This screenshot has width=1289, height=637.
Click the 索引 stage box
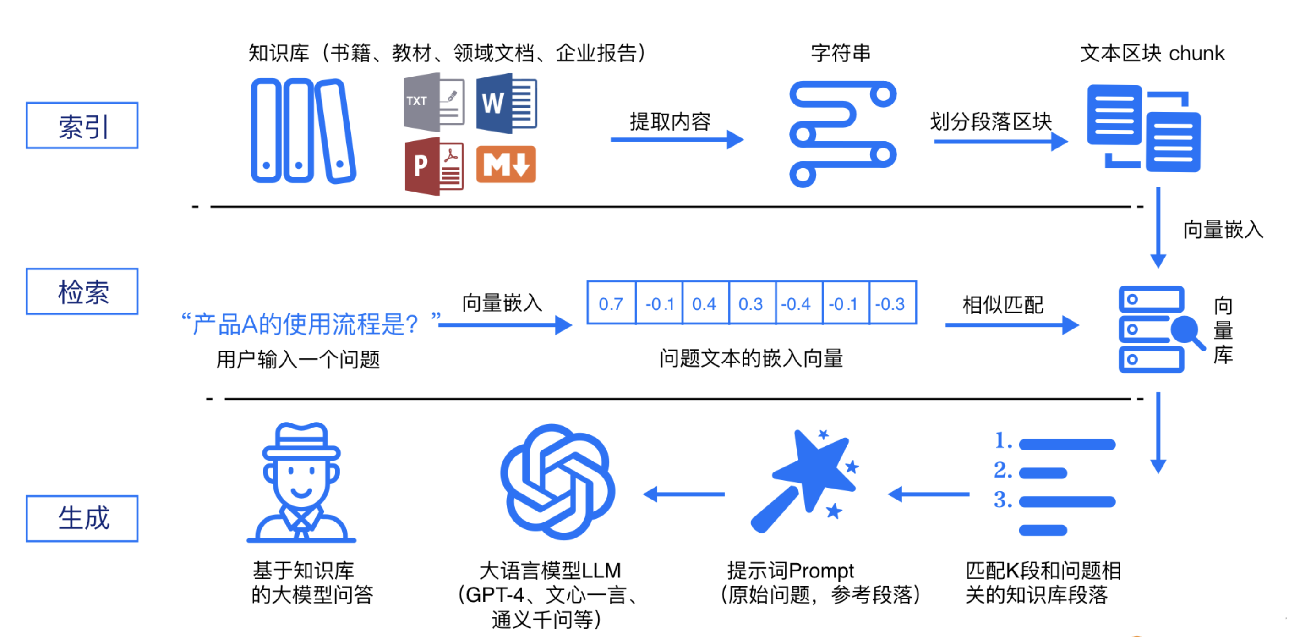pos(82,126)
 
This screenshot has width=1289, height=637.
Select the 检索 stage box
pos(82,291)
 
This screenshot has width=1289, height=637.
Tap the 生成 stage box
pos(82,518)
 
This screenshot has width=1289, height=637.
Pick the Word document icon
pos(507,103)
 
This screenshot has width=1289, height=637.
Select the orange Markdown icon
pos(506,164)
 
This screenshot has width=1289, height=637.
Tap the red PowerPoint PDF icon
pos(433,166)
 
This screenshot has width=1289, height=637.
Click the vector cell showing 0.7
pos(611,303)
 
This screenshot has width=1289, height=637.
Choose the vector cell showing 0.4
pos(704,303)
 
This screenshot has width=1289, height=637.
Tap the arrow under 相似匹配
pos(1011,325)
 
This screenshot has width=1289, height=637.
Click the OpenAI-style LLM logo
pos(557,482)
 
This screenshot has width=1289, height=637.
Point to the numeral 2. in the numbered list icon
pos(1003,471)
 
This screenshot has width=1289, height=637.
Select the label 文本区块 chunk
pos(1152,53)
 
